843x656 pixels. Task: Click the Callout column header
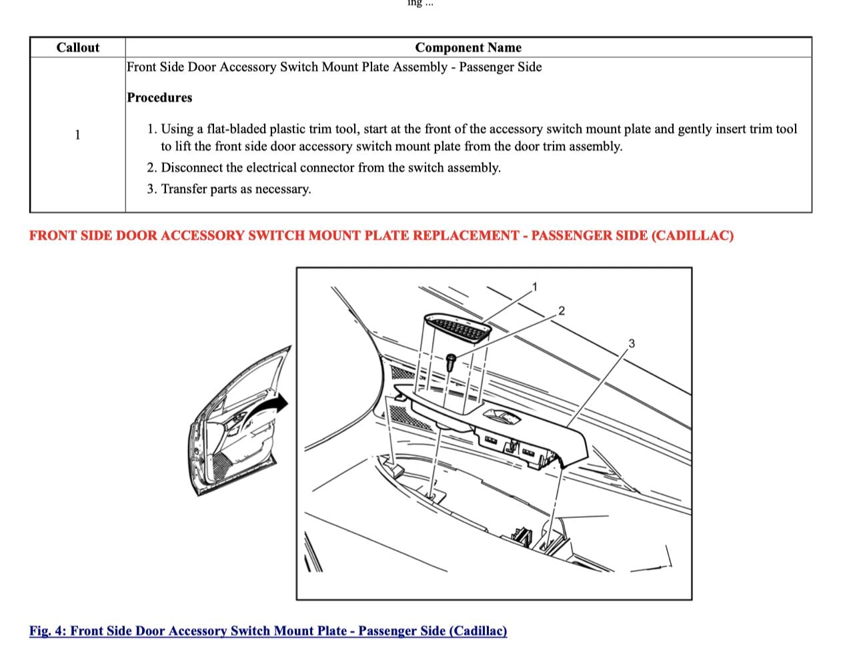(x=77, y=47)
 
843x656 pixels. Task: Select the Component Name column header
(x=468, y=47)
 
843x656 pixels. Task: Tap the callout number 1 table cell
(x=77, y=135)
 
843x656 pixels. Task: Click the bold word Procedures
(x=159, y=97)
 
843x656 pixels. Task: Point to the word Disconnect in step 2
(x=193, y=167)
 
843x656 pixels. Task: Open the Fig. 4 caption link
(x=268, y=631)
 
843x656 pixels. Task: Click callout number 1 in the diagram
(x=534, y=287)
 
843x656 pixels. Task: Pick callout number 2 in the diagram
(x=561, y=310)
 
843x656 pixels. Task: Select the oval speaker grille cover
(x=460, y=329)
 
